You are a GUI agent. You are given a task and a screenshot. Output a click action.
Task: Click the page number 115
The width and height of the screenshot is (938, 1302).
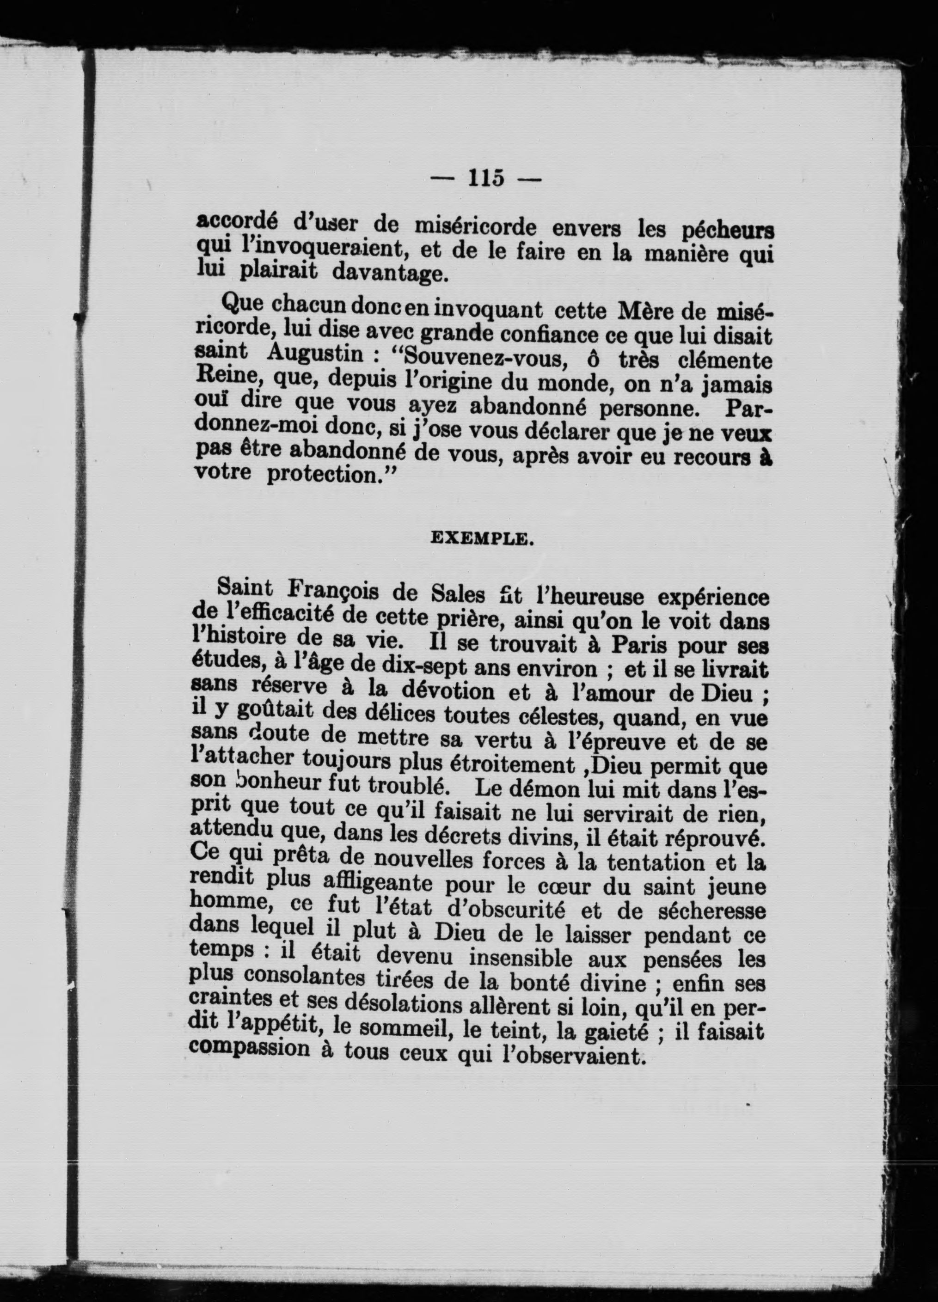tap(486, 178)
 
